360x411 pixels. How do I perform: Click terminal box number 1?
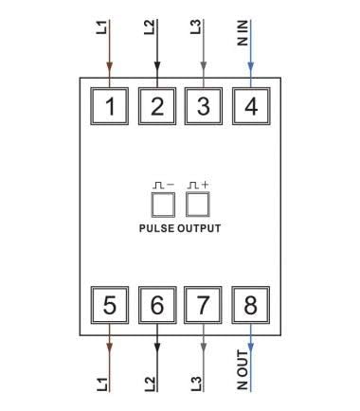tap(111, 105)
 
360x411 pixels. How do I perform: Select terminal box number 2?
tap(157, 105)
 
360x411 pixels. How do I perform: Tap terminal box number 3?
tap(204, 105)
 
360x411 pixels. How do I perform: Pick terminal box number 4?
tap(250, 105)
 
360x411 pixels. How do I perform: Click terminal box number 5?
tap(111, 305)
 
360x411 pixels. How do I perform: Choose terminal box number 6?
tap(157, 305)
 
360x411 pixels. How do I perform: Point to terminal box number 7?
tap(204, 305)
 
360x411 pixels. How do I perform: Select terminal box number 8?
tap(250, 305)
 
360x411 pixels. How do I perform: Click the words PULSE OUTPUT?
tap(180, 229)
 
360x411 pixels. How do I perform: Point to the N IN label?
tap(243, 35)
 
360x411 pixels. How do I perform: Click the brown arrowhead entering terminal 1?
tap(111, 67)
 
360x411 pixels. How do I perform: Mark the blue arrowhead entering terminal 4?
tap(250, 67)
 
